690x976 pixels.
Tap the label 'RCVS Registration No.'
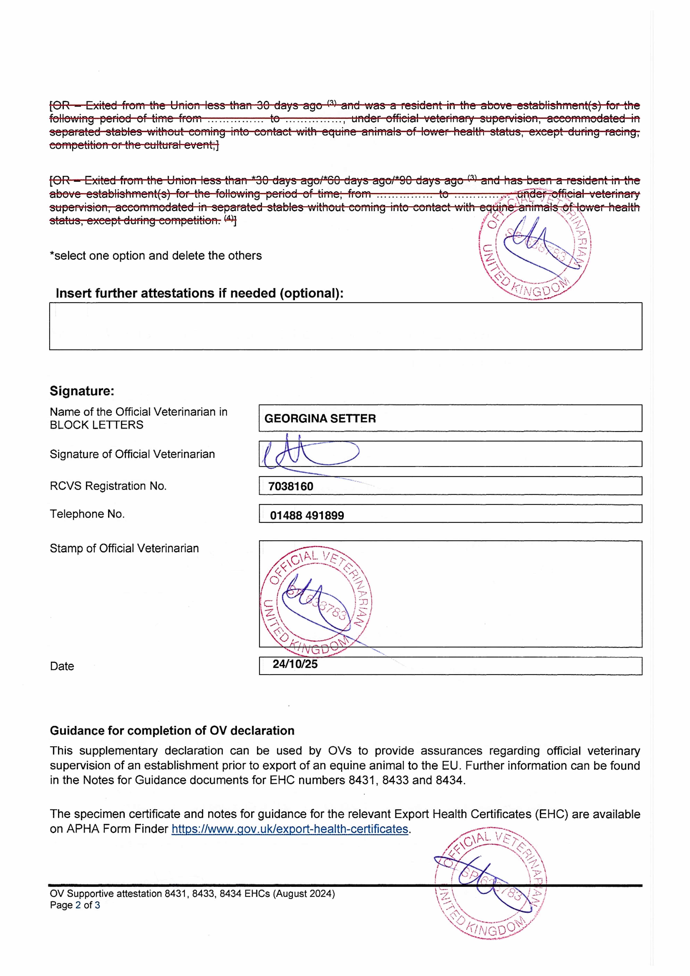108,486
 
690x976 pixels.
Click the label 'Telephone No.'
87,514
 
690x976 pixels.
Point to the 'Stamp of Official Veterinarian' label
124,548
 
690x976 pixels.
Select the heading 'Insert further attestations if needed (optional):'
200,293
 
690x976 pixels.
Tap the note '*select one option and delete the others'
156,256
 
